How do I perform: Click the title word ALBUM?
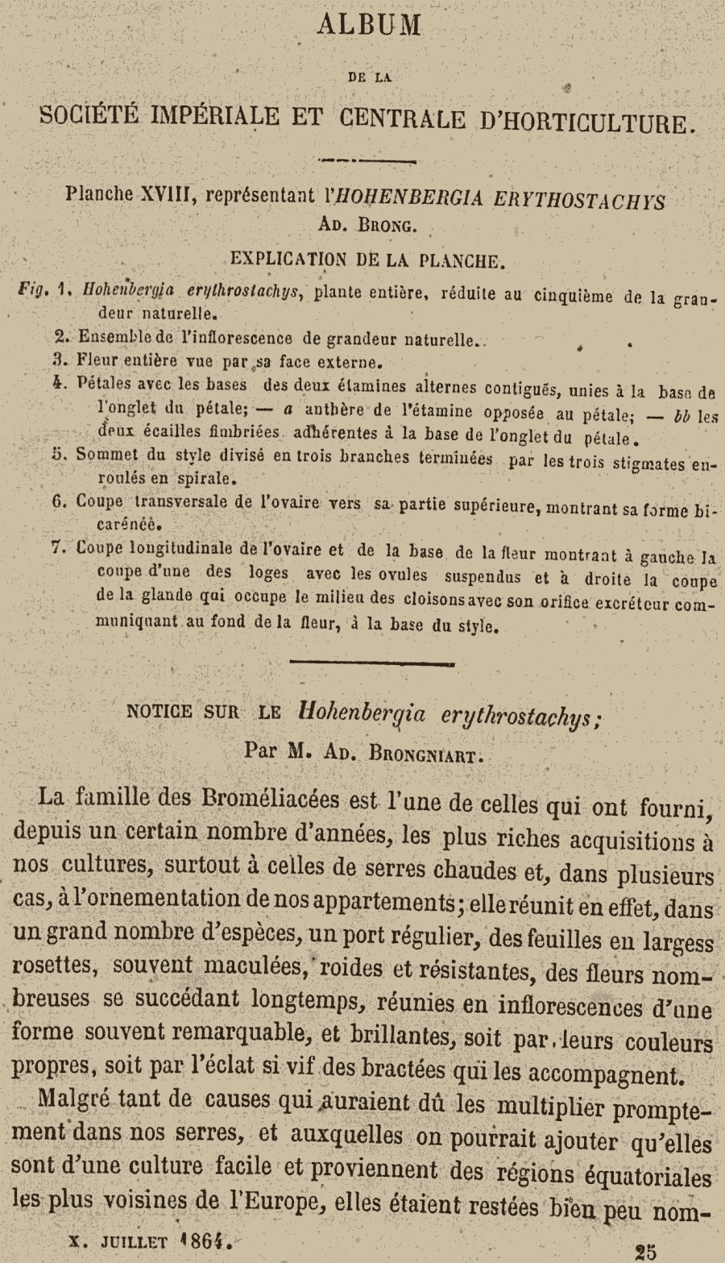click(x=370, y=26)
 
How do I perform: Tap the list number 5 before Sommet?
click(x=57, y=454)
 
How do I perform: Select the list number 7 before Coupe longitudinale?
click(x=57, y=547)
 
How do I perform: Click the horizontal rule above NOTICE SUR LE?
click(x=371, y=663)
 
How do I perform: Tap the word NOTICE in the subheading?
click(x=159, y=712)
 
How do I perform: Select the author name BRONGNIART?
click(x=426, y=753)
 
